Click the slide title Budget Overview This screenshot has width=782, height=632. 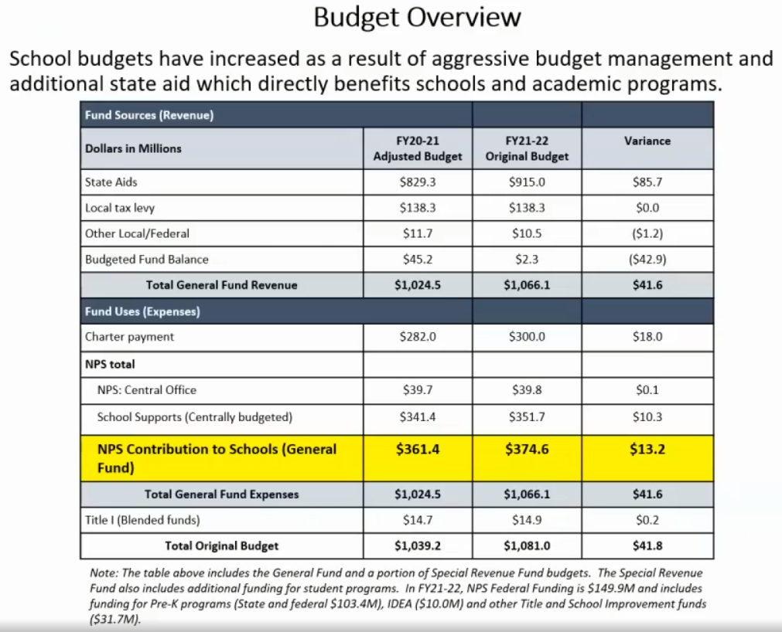tap(417, 18)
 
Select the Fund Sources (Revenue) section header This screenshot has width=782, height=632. tap(149, 116)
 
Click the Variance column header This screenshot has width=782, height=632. tap(647, 141)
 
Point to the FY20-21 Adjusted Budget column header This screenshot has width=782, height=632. tap(418, 148)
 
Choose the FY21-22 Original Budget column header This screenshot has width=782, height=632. tap(527, 148)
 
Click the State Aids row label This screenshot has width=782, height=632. tap(111, 182)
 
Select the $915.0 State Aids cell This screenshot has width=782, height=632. tap(527, 182)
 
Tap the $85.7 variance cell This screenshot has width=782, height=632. tap(647, 182)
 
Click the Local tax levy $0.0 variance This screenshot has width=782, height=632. tap(647, 208)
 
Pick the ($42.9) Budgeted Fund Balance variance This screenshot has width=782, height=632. tap(647, 260)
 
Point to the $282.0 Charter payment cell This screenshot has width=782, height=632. tap(418, 337)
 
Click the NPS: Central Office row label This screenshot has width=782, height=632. tap(147, 390)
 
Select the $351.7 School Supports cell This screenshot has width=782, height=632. tap(527, 417)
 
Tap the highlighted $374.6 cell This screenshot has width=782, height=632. tap(527, 449)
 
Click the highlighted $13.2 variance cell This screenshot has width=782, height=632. tap(647, 449)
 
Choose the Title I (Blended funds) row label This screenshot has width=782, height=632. tap(135, 520)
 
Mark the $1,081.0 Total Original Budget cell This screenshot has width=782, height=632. tap(527, 545)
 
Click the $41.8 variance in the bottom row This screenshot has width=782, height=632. tap(647, 545)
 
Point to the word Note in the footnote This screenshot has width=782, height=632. tap(101, 573)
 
